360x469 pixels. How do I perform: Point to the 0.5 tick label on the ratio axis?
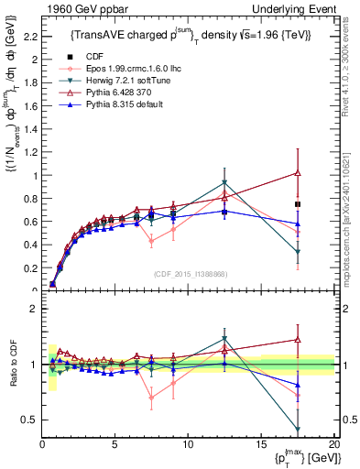28,420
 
